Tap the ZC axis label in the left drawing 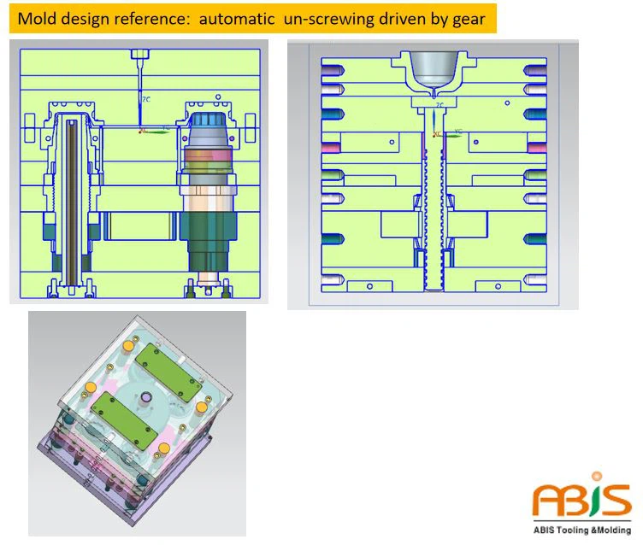click(146, 100)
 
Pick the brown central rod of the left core click(73, 205)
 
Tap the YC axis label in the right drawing click(458, 132)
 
